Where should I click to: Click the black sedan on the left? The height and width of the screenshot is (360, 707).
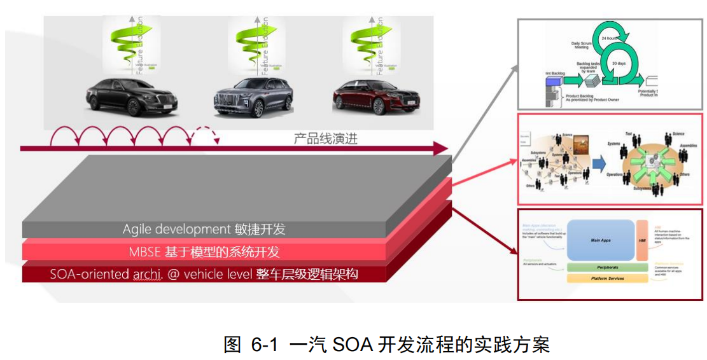coord(132,97)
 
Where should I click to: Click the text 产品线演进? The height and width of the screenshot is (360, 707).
coord(325,139)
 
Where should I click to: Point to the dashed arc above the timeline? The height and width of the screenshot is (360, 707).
coord(204,136)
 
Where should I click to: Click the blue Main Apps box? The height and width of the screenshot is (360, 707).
coord(600,240)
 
